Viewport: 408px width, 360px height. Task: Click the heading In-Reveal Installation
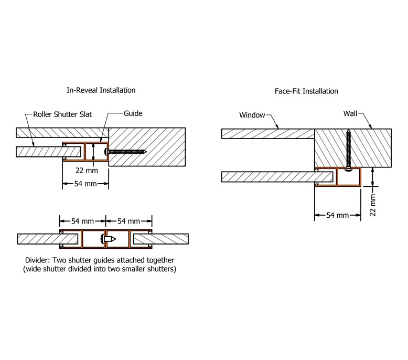tap(101, 90)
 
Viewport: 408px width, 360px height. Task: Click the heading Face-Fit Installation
tap(306, 91)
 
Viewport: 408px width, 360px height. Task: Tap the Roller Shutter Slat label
tap(62, 114)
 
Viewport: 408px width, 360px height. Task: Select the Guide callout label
tap(133, 113)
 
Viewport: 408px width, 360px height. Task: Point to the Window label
tap(252, 115)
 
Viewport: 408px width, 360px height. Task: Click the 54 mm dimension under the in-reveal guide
tap(85, 184)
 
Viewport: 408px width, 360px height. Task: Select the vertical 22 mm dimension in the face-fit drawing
tap(373, 204)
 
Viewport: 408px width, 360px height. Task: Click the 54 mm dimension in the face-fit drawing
tap(337, 216)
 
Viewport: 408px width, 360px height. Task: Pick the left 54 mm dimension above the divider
tap(82, 221)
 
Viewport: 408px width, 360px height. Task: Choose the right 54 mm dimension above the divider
tap(130, 221)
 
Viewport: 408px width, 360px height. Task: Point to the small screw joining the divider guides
tap(109, 239)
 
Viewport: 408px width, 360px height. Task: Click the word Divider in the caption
tap(37, 260)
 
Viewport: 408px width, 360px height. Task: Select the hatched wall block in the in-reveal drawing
tap(147, 146)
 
